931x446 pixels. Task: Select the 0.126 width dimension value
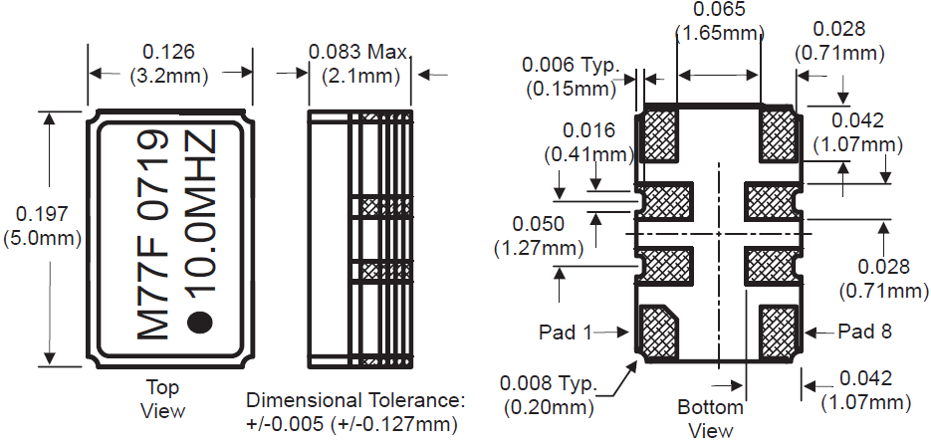[x=169, y=51]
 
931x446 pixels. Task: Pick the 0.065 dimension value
[x=718, y=11]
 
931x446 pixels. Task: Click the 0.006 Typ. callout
[x=571, y=66]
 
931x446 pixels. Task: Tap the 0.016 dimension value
[x=588, y=130]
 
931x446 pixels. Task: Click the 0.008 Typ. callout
[x=550, y=384]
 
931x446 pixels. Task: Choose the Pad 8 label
[x=865, y=332]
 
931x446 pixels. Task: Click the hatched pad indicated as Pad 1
[x=657, y=331]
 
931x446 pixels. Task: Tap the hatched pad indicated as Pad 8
[x=777, y=331]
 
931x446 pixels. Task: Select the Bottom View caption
[x=711, y=418]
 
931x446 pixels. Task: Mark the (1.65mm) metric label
[x=719, y=32]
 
